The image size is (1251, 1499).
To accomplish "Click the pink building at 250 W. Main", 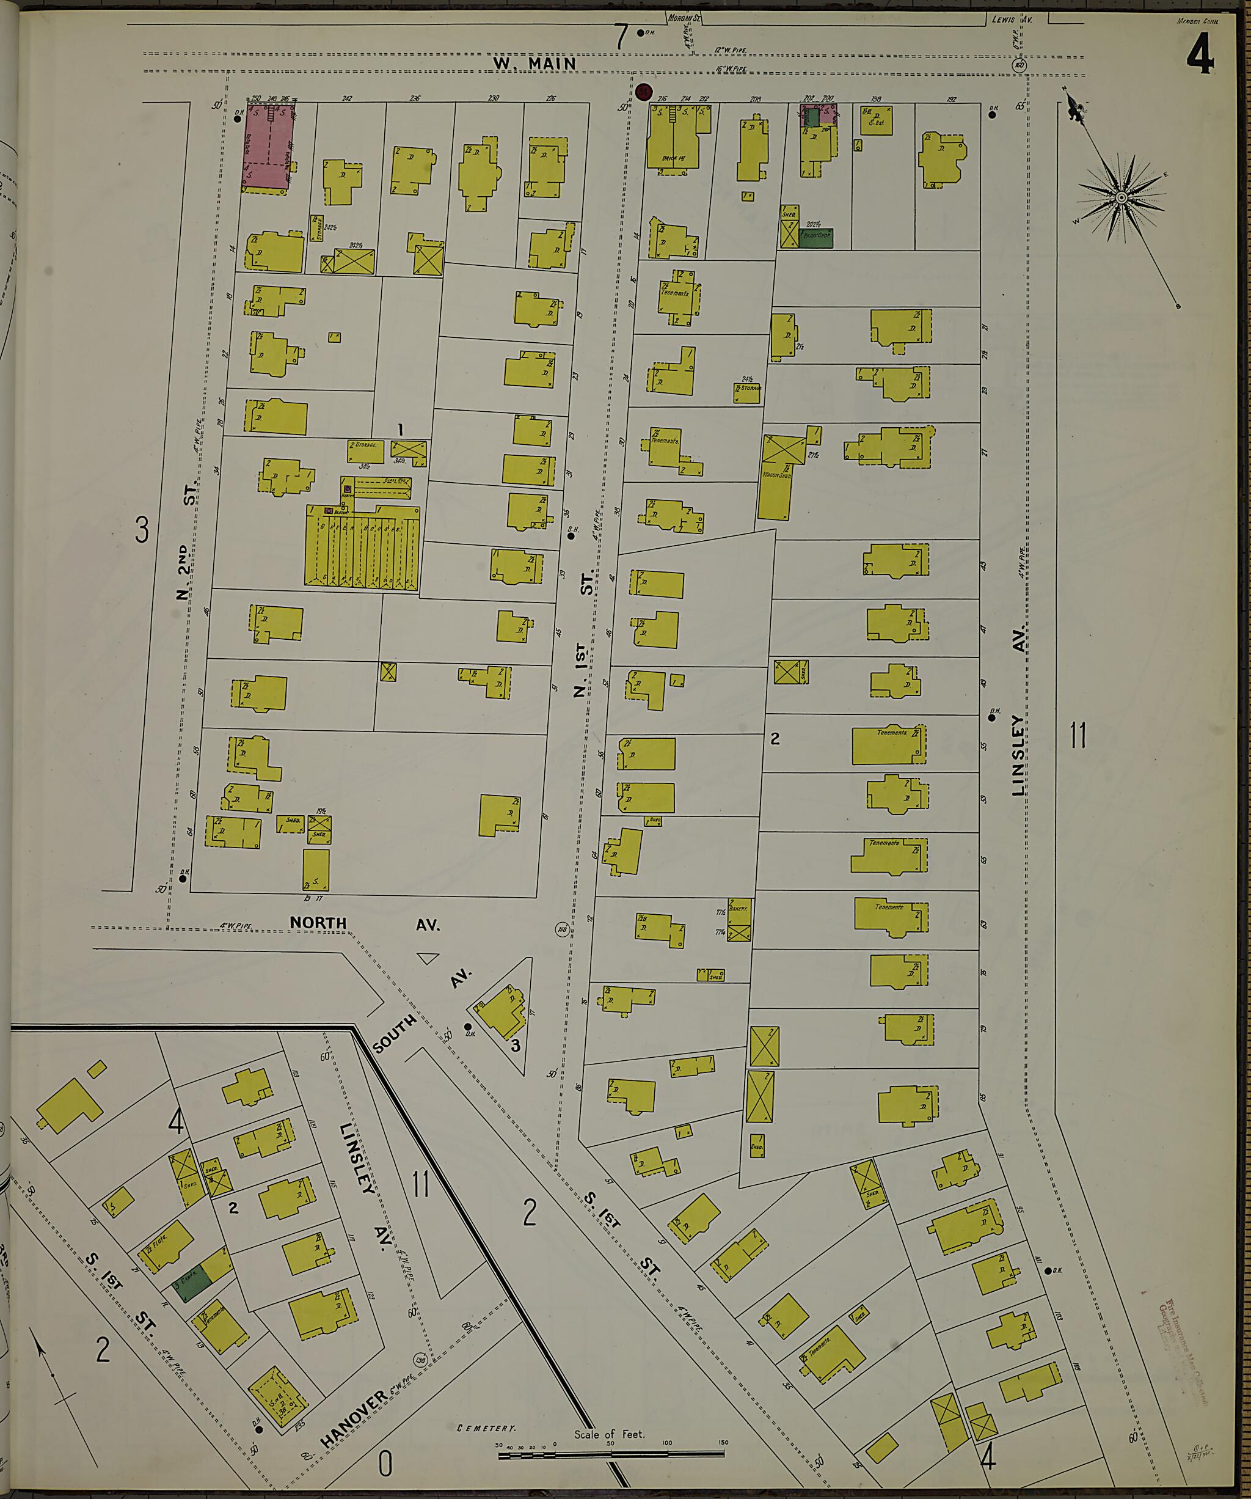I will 268,148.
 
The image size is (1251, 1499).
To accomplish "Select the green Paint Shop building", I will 814,238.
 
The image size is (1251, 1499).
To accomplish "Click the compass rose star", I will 1120,197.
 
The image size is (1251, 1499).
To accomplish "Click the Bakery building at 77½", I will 739,909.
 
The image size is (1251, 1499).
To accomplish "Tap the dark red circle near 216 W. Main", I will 644,92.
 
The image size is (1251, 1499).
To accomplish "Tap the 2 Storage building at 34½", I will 366,450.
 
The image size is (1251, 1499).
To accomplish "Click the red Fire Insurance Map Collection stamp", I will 1181,1321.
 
